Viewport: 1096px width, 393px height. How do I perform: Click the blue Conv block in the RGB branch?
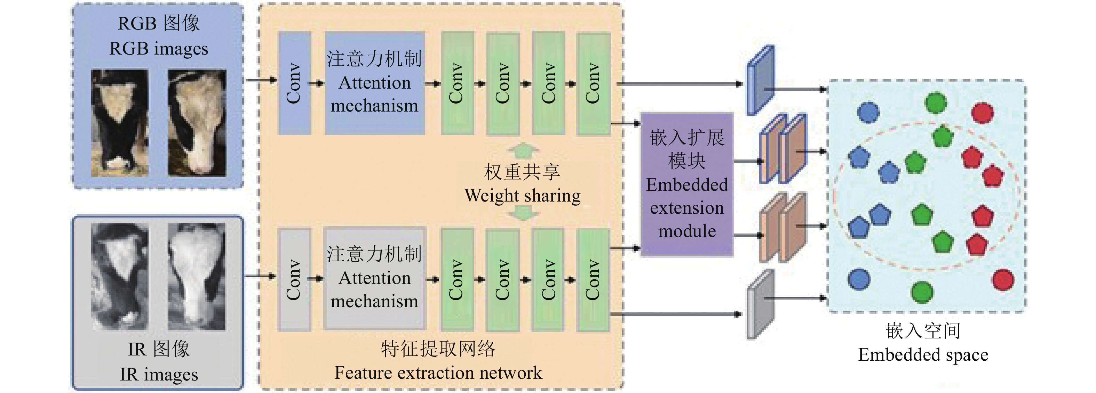click(294, 83)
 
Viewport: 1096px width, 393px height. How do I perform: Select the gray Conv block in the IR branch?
click(294, 280)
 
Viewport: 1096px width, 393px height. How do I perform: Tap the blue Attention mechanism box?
click(374, 83)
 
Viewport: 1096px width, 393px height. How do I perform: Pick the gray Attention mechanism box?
click(374, 279)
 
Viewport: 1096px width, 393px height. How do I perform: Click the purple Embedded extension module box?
click(687, 185)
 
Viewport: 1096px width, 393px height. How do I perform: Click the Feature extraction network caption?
click(438, 372)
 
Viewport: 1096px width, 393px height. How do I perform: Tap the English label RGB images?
click(159, 49)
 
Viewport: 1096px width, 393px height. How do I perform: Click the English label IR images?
click(159, 374)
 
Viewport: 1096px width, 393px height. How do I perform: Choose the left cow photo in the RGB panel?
click(120, 123)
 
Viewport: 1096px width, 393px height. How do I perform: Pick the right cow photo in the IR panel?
click(197, 277)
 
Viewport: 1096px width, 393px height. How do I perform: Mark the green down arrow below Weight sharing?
click(523, 213)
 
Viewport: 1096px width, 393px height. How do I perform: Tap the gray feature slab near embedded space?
click(760, 304)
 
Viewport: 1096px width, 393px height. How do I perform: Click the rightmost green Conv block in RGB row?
click(594, 83)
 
